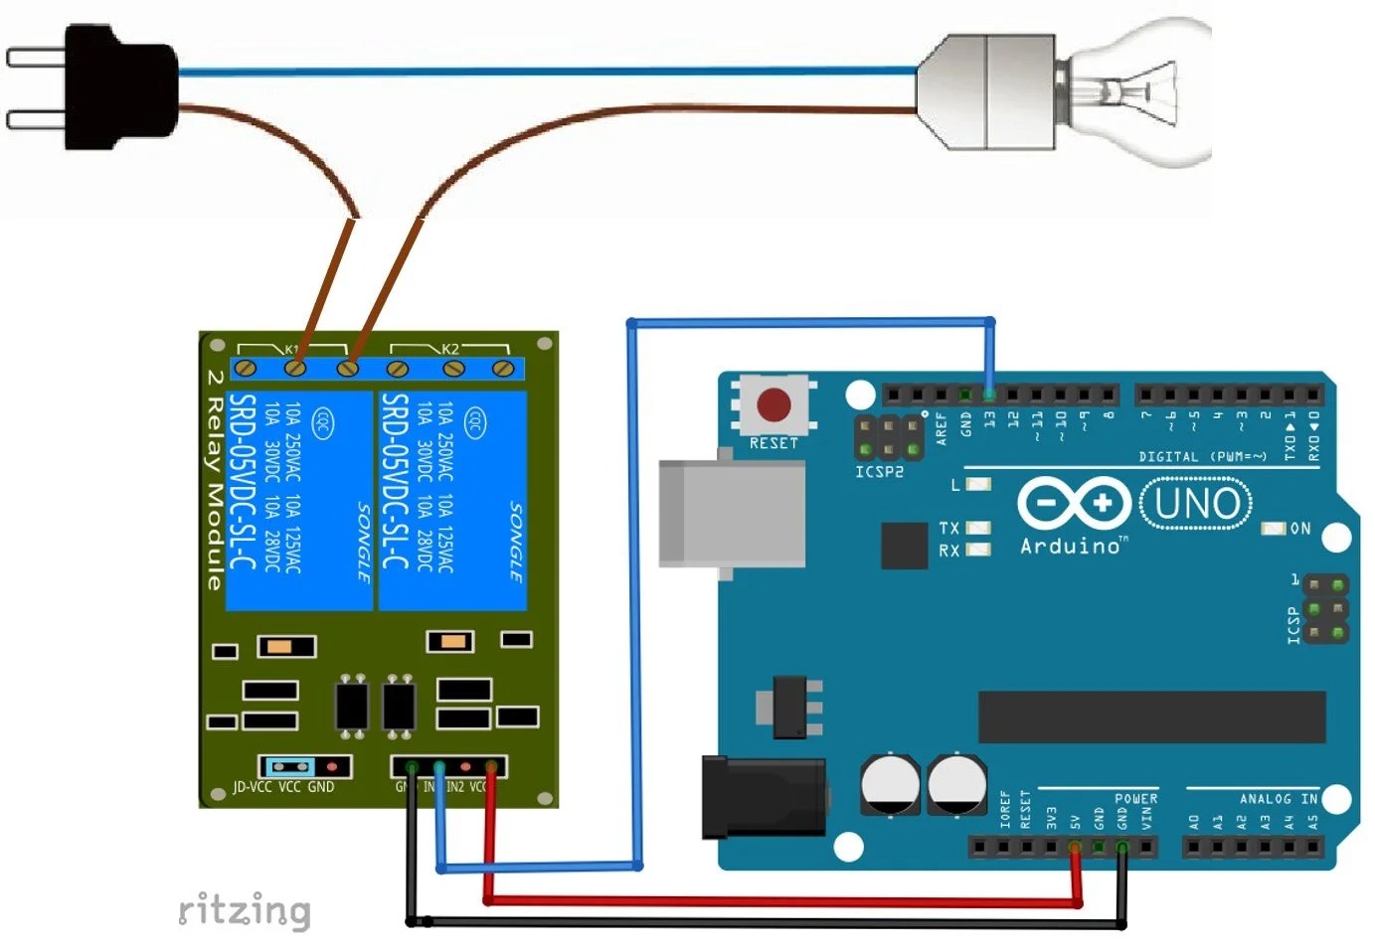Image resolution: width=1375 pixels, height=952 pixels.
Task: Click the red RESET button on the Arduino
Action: [773, 405]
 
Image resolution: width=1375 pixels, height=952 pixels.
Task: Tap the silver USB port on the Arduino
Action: [732, 514]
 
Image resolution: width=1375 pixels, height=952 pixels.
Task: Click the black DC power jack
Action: [764, 797]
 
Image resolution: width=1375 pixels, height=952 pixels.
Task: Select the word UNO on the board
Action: [1196, 504]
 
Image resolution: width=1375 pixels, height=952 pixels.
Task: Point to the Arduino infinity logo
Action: [1073, 503]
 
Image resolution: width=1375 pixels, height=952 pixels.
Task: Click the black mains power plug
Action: [119, 87]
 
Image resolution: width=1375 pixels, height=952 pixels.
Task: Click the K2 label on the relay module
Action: [450, 349]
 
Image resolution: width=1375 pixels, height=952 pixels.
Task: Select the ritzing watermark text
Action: [245, 909]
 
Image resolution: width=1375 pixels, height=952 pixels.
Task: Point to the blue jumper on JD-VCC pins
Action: [287, 767]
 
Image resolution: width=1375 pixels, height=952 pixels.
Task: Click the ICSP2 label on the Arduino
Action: [879, 471]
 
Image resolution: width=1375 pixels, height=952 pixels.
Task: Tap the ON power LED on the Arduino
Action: [1274, 528]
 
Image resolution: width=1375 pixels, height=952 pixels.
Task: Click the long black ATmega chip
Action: [1151, 716]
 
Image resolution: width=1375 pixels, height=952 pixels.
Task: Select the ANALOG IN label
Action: [1278, 799]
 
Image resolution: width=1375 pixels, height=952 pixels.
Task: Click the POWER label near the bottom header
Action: [1135, 799]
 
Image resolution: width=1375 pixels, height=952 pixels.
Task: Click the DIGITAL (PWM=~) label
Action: [1202, 457]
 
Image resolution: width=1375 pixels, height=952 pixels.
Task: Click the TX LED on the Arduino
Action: [978, 528]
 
